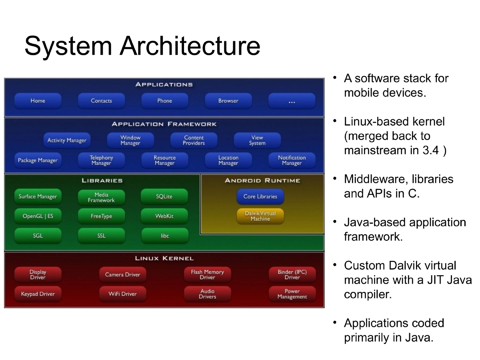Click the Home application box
38,101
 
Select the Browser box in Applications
228,101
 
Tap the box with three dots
292,101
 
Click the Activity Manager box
67,140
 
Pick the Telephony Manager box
101,160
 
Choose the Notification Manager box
292,160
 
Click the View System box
257,140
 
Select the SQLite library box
164,196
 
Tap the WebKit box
164,216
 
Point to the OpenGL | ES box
38,216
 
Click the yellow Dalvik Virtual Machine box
260,216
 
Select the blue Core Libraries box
260,196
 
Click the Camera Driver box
122,274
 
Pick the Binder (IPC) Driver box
292,274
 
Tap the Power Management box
292,294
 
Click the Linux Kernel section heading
164,258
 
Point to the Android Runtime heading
262,180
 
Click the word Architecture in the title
190,46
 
